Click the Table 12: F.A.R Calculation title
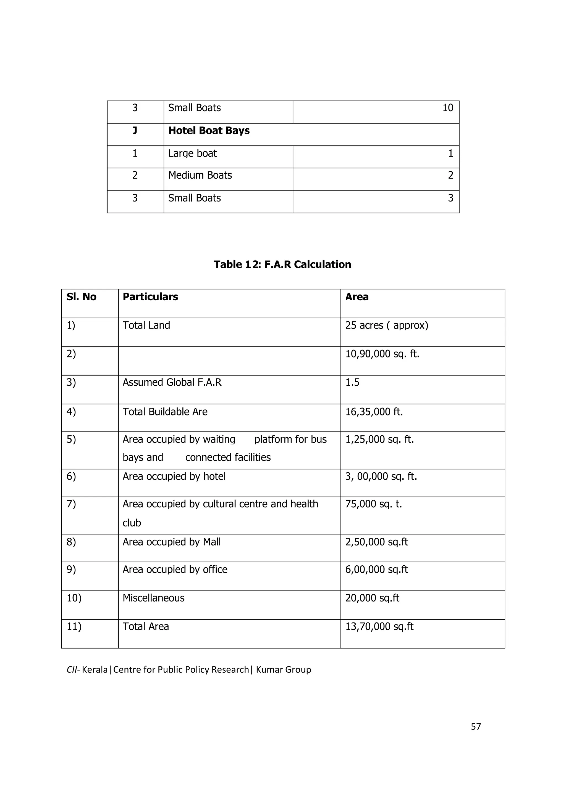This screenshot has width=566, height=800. [x=282, y=264]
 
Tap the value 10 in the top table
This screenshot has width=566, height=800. [x=447, y=108]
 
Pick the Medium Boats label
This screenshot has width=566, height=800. [x=200, y=175]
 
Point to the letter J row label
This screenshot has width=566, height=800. [x=135, y=131]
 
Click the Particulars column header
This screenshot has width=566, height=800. [x=150, y=296]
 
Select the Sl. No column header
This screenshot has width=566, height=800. [x=81, y=296]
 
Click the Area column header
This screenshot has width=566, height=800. [x=357, y=296]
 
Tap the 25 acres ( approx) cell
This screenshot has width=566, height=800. [x=386, y=325]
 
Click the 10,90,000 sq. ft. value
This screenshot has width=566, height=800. [x=382, y=354]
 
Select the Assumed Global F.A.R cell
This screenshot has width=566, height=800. [x=172, y=382]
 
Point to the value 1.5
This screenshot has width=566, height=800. [x=352, y=382]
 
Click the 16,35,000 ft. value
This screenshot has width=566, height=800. [x=374, y=412]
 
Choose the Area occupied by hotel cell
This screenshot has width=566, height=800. [x=174, y=476]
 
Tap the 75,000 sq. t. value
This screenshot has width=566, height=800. [x=373, y=504]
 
